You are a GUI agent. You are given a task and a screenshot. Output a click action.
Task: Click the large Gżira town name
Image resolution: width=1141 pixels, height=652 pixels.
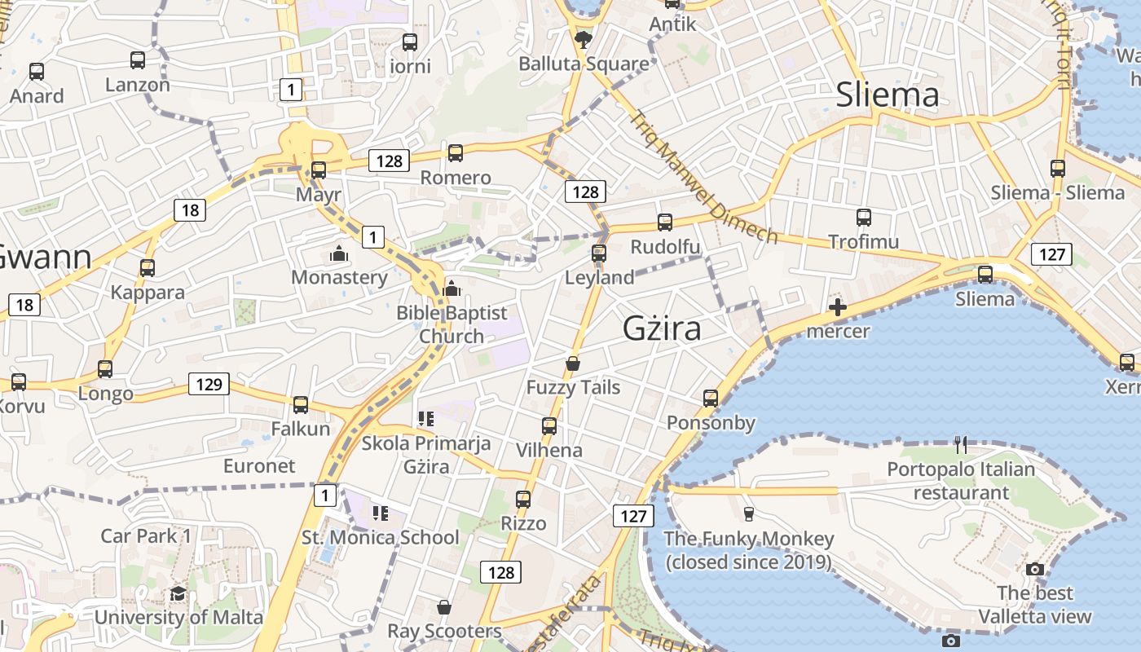tap(661, 328)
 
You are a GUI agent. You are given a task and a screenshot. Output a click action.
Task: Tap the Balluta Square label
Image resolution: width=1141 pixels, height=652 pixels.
tap(584, 64)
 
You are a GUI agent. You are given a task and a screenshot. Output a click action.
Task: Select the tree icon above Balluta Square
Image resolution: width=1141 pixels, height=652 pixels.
tap(584, 38)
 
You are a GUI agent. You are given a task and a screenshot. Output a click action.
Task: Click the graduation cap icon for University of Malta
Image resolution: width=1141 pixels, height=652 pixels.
tap(178, 593)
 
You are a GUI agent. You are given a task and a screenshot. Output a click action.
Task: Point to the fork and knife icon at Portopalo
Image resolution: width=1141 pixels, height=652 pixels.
tap(961, 445)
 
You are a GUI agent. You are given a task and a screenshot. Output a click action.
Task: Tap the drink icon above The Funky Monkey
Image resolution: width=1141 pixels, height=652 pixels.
tap(748, 513)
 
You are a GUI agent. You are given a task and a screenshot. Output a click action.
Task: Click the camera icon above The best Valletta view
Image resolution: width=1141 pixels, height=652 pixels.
tap(1035, 569)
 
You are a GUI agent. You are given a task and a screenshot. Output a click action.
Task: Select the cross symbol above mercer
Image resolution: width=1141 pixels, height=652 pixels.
tap(837, 307)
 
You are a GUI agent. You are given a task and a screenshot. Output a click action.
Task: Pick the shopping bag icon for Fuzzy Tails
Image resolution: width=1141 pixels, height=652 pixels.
tap(573, 363)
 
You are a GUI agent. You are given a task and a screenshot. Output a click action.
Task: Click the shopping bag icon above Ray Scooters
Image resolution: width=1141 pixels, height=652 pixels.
tap(444, 607)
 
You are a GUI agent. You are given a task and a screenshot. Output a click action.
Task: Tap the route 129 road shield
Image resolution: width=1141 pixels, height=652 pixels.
tap(209, 384)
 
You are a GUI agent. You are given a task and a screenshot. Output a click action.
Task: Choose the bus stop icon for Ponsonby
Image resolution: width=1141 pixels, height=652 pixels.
tap(711, 399)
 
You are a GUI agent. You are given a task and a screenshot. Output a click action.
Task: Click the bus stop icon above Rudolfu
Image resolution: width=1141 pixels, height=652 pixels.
tap(665, 222)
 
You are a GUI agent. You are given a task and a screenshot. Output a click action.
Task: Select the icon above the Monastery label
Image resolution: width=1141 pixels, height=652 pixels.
tap(339, 254)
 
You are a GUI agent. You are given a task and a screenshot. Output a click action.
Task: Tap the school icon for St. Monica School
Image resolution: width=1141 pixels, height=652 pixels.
tap(380, 513)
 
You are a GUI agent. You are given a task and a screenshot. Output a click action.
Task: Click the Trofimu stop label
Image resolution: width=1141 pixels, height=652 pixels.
tap(863, 241)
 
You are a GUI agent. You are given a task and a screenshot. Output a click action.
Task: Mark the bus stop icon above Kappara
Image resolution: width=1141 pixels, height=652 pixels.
tap(148, 268)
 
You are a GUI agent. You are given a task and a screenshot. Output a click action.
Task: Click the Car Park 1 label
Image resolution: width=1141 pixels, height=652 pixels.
tap(146, 535)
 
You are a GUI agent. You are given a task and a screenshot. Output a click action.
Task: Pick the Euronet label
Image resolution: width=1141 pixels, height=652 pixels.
tap(259, 465)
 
